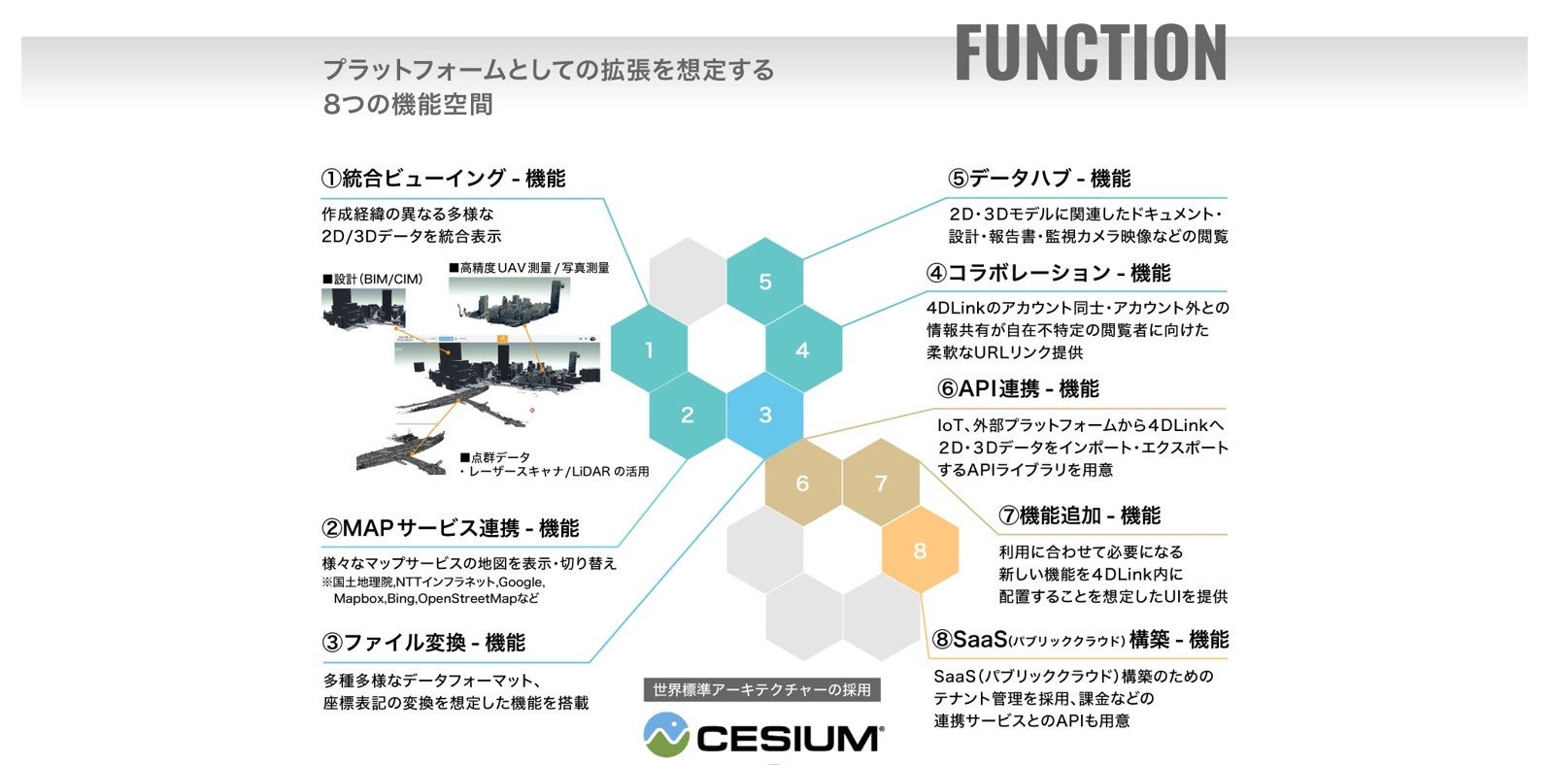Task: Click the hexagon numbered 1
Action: click(x=649, y=350)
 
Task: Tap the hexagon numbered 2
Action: click(x=688, y=416)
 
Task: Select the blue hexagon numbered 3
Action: click(x=765, y=416)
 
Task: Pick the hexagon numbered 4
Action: click(x=802, y=350)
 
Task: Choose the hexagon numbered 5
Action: click(x=765, y=282)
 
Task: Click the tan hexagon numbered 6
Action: click(x=802, y=483)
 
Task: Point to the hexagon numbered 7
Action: click(x=881, y=483)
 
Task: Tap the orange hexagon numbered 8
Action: click(x=920, y=550)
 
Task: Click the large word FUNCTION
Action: click(x=1091, y=52)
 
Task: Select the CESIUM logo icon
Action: click(x=666, y=736)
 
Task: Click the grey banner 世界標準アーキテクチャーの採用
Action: click(x=762, y=690)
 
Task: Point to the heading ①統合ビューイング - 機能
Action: click(x=443, y=179)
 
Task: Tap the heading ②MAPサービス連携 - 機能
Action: click(x=450, y=529)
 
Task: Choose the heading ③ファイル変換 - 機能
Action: click(x=423, y=643)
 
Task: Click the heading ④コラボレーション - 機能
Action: click(x=1048, y=273)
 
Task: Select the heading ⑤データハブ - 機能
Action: click(x=1039, y=179)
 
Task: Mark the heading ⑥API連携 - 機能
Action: click(x=1018, y=389)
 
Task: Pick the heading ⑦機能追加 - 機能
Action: click(x=1080, y=516)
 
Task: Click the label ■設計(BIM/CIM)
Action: click(x=373, y=280)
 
